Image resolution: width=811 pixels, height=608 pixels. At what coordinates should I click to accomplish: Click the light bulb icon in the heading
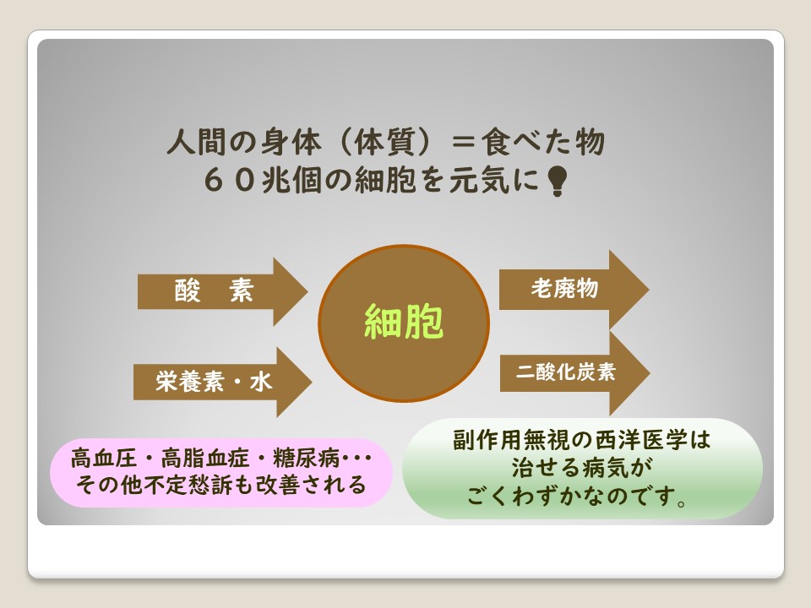pos(557,181)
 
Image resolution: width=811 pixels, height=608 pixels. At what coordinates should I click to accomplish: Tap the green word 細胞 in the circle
pos(404,321)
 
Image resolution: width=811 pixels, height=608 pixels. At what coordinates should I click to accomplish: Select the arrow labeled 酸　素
pos(222,291)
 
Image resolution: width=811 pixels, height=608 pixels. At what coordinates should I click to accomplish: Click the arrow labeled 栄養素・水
pos(222,382)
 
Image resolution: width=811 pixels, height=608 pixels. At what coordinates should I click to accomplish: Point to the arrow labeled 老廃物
pos(574,290)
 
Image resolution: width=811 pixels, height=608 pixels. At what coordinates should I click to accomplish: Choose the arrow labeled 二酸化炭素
pos(574,373)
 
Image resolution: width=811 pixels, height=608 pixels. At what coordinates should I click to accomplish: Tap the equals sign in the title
pos(463,142)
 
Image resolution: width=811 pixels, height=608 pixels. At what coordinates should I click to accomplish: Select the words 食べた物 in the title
pos(542,142)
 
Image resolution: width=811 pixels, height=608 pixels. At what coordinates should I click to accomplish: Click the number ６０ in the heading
pos(230,181)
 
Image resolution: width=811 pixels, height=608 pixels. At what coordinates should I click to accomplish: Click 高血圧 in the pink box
pos(103,458)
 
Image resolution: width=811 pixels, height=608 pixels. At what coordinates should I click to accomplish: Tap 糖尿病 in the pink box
pos(306,458)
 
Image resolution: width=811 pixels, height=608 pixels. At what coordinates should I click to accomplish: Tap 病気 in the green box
pos(605,467)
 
